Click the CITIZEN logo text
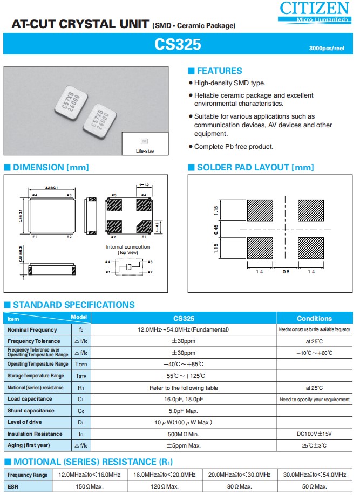(x=314, y=8)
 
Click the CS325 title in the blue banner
(x=178, y=45)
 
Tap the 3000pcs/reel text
(x=327, y=49)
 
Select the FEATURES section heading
(x=219, y=71)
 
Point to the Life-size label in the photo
(x=145, y=151)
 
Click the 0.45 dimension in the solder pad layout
(x=216, y=229)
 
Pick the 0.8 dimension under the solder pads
(x=286, y=272)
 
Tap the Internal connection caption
(x=127, y=247)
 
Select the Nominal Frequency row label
(x=32, y=330)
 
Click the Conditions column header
(x=315, y=318)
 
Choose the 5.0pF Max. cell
(x=184, y=411)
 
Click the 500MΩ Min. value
(x=184, y=434)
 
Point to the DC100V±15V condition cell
(x=315, y=434)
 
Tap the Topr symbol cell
(x=81, y=365)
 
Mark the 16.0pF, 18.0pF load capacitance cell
(x=184, y=400)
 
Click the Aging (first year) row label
(x=29, y=446)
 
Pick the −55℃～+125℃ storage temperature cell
(x=184, y=376)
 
